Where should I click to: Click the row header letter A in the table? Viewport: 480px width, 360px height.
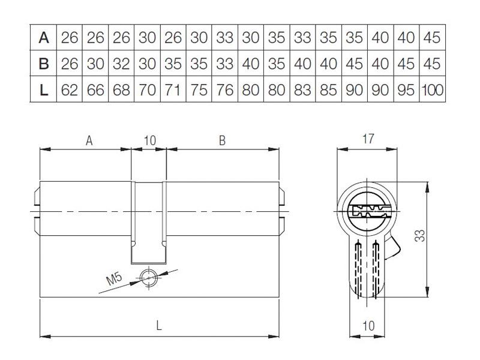click(44, 38)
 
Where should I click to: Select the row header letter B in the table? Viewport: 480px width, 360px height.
click(44, 64)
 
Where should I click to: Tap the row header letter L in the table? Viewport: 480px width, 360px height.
click(44, 90)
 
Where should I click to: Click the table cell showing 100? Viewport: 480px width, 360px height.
click(432, 90)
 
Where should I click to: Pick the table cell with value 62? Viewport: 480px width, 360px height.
click(70, 90)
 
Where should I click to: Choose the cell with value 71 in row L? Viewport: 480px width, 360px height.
click(173, 90)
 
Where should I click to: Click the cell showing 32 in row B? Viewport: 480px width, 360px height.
click(121, 64)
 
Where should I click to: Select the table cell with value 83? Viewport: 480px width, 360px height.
click(302, 90)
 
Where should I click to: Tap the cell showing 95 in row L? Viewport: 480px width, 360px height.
click(406, 90)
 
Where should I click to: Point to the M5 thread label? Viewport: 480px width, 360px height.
click(114, 279)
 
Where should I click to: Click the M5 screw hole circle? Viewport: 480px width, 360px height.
click(148, 278)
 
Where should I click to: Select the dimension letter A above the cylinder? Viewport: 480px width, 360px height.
click(89, 141)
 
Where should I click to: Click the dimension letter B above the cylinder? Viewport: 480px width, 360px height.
click(222, 141)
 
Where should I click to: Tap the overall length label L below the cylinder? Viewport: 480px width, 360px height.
click(158, 325)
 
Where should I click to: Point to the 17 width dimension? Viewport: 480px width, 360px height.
click(368, 139)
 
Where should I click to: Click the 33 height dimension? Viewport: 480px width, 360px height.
click(421, 235)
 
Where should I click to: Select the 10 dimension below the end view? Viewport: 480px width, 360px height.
click(368, 326)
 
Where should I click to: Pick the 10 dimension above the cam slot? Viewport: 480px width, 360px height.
click(150, 141)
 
